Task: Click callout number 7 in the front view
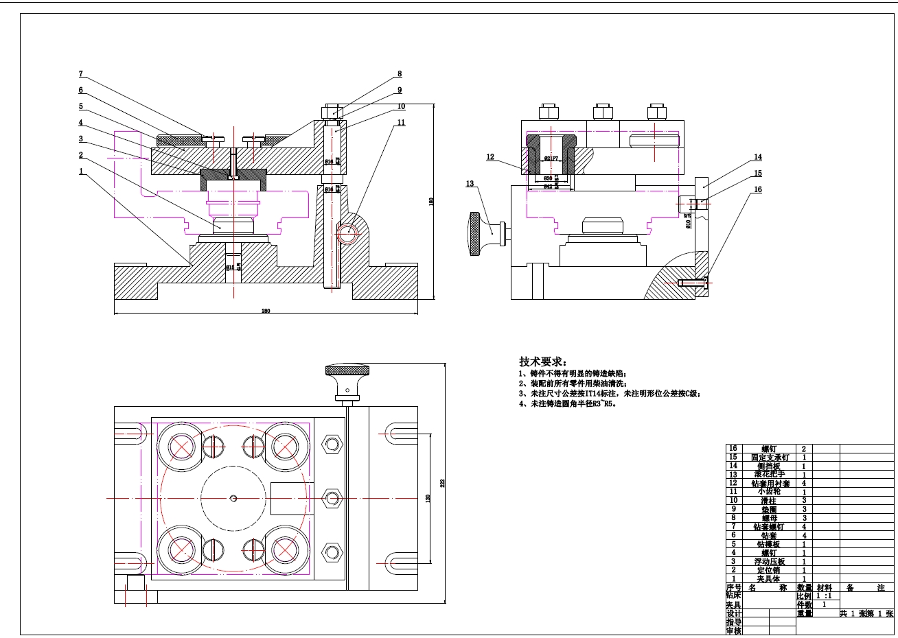tap(81, 74)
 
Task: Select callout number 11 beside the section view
tap(401, 123)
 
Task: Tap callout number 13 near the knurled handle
tap(470, 184)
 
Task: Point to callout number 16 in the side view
tap(758, 190)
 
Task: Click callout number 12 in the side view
tap(490, 157)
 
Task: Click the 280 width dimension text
tap(266, 311)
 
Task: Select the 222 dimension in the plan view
tap(443, 483)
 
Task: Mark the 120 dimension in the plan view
tap(428, 497)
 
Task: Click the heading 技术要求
tap(542, 362)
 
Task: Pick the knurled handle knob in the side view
tap(474, 234)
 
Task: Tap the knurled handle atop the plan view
tap(347, 373)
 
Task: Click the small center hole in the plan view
tap(233, 498)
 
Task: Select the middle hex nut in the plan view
tap(332, 498)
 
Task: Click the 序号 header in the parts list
tap(733, 588)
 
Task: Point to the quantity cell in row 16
tap(804, 449)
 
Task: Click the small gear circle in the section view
tap(349, 232)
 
